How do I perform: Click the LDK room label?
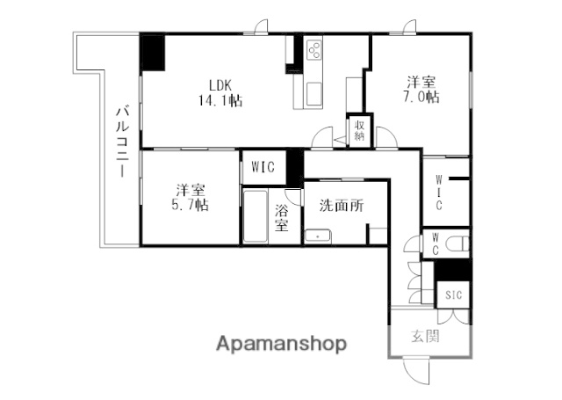tap(219, 84)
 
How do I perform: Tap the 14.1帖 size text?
tap(220, 100)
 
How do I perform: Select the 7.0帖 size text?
tap(422, 98)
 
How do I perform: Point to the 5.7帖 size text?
tap(190, 205)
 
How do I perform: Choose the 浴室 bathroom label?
tap(282, 217)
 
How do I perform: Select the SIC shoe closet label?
tap(453, 294)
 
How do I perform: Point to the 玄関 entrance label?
tap(425, 335)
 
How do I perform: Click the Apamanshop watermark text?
tap(281, 343)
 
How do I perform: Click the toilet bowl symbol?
tap(459, 243)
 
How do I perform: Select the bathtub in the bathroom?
tap(256, 217)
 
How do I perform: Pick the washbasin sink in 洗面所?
tap(317, 234)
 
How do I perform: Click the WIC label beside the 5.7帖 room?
tap(263, 165)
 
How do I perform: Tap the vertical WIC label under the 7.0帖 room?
tap(439, 193)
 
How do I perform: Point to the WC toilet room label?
tap(435, 243)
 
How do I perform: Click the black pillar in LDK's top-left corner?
tap(153, 53)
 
